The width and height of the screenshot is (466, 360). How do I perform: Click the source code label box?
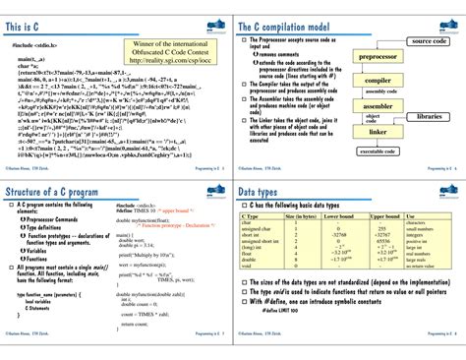pos(429,41)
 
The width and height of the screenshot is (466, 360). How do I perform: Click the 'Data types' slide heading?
pos(270,190)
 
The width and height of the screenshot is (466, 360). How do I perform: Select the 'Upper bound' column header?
pos(383,215)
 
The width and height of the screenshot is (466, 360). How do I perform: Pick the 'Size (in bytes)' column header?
pos(300,215)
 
